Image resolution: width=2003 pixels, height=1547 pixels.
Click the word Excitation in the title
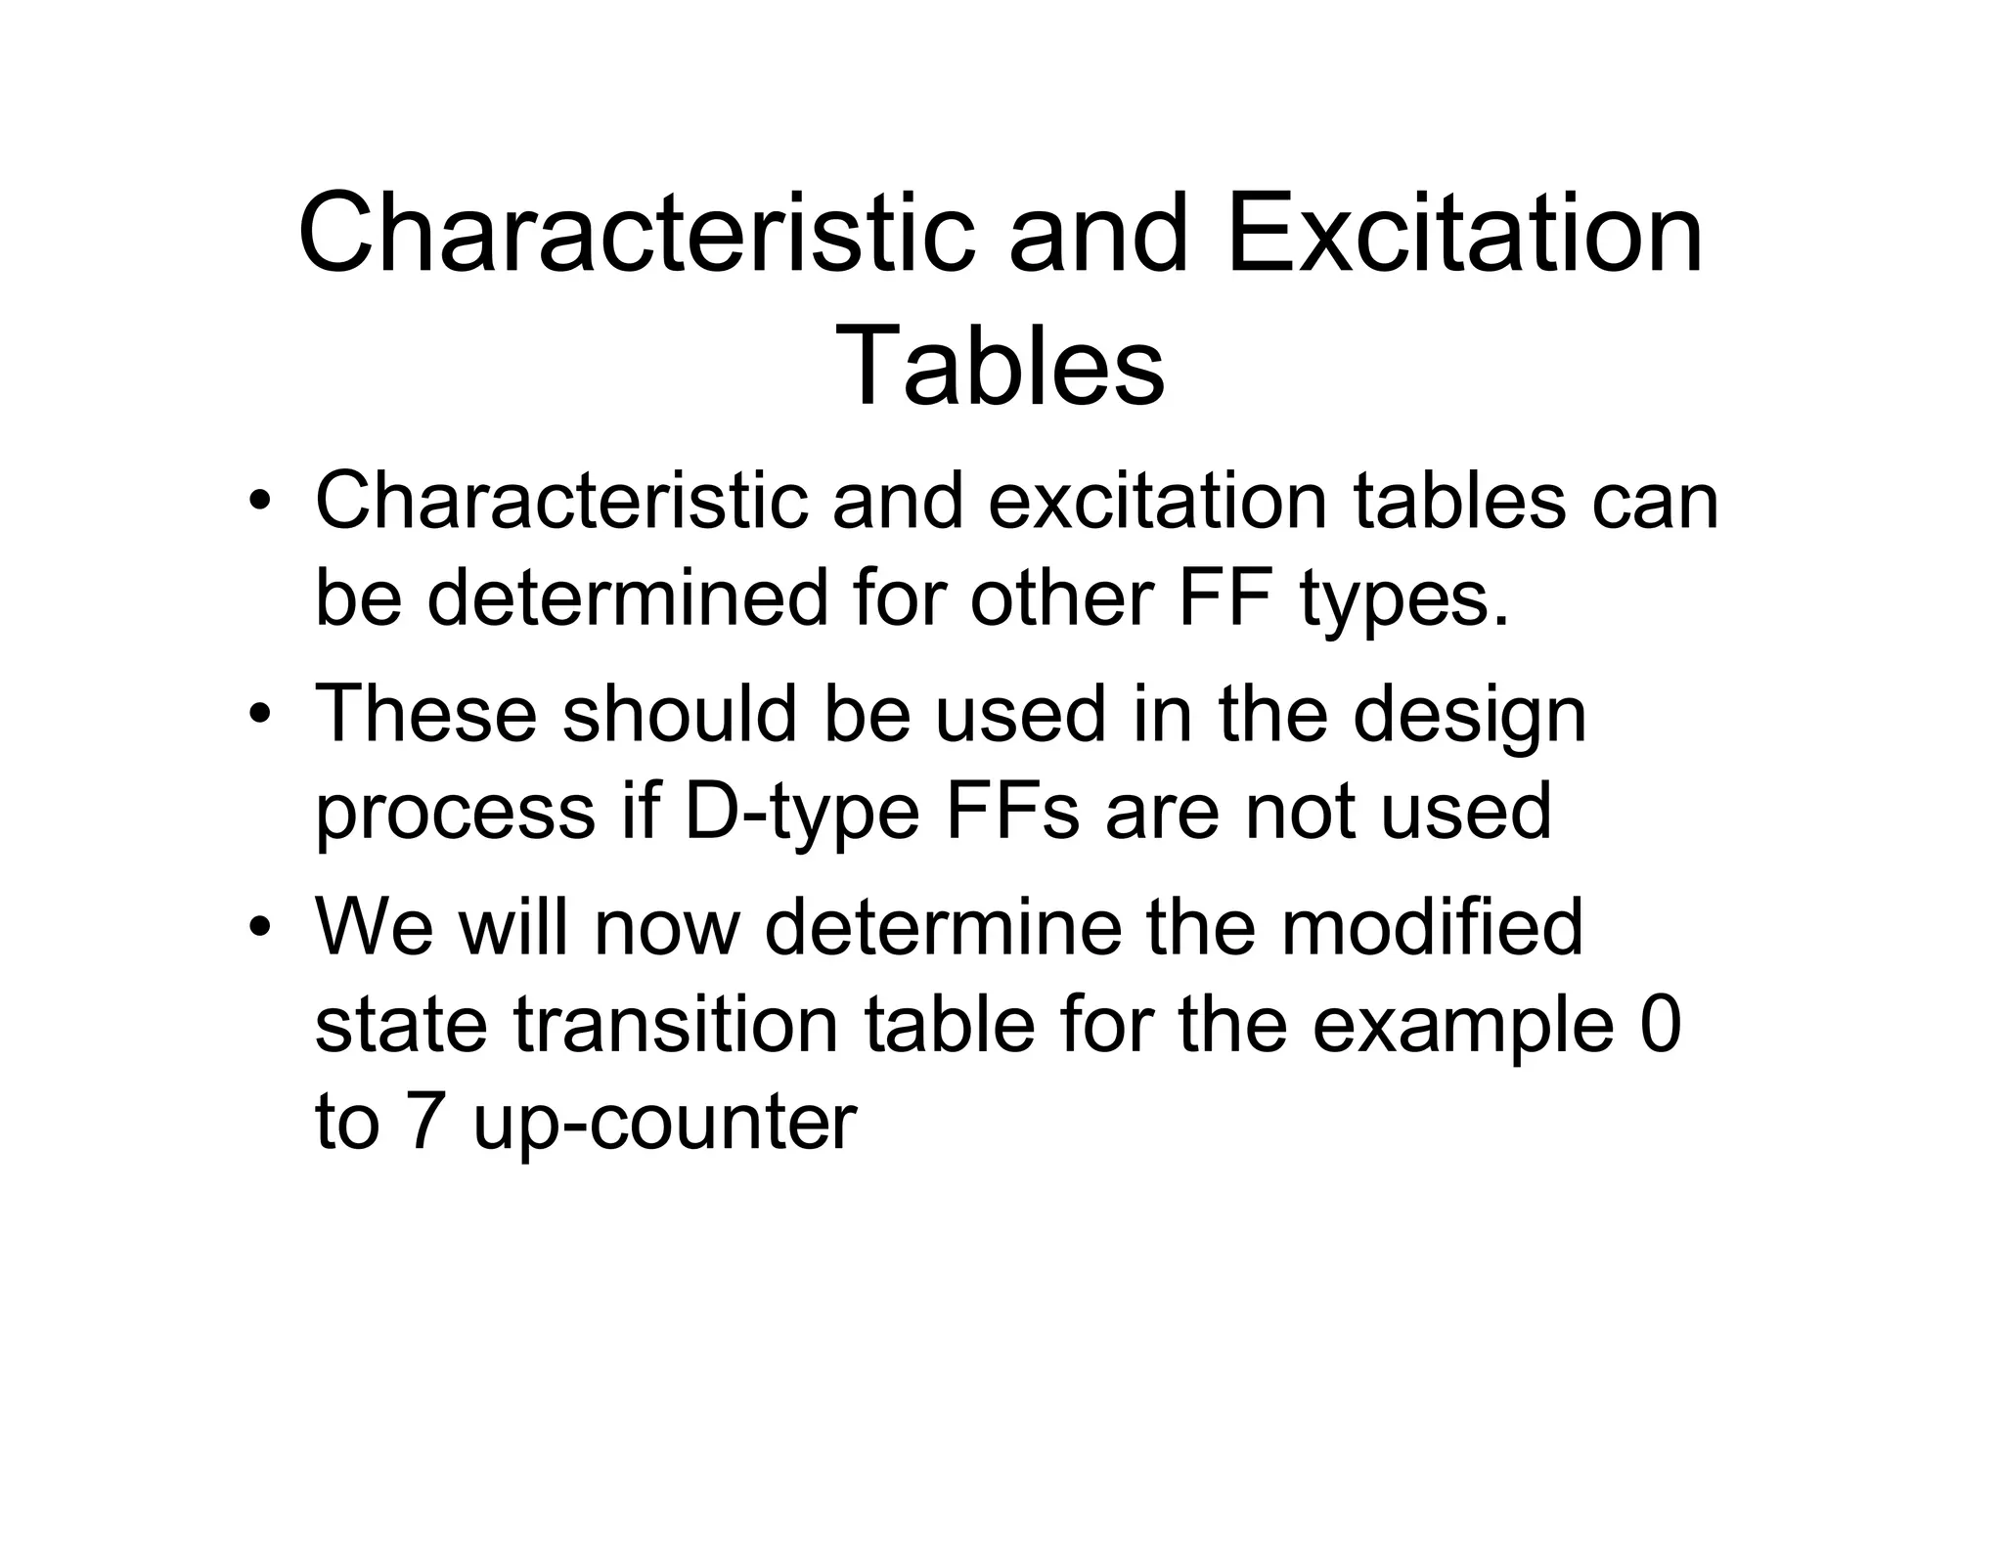pyautogui.click(x=1464, y=236)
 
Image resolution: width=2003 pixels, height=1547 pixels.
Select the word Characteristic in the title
pyautogui.click(x=637, y=236)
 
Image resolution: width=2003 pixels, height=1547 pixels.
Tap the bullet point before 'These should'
pyautogui.click(x=258, y=715)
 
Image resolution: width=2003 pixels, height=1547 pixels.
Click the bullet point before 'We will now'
pyautogui.click(x=258, y=927)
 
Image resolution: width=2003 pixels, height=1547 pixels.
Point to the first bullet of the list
pyautogui.click(x=258, y=502)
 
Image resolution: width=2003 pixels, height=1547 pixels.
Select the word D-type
pyautogui.click(x=802, y=812)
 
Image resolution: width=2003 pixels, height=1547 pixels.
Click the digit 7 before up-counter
pyautogui.click(x=423, y=1122)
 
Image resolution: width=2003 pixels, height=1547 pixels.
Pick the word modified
pyautogui.click(x=1432, y=927)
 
